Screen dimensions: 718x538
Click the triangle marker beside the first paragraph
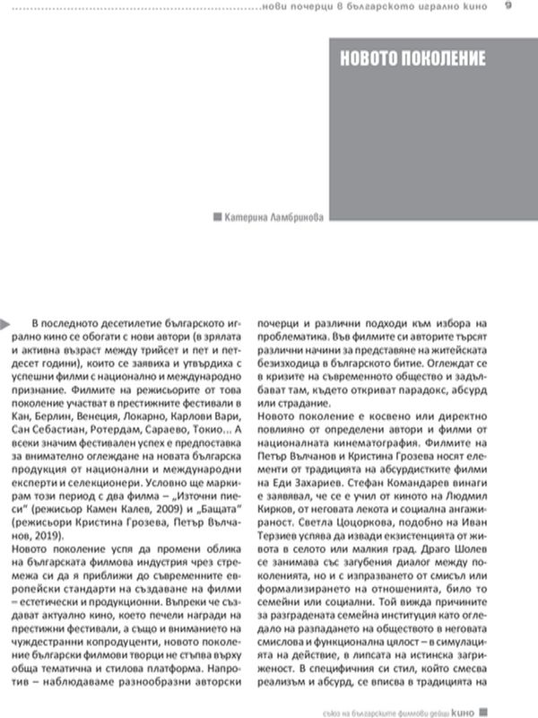point(5,320)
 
